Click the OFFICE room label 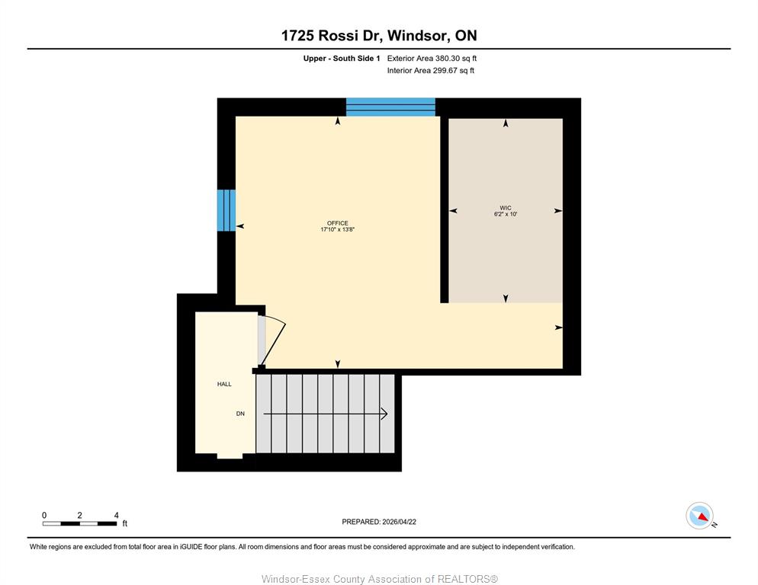[337, 223]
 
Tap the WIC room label [506, 208]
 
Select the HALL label [224, 384]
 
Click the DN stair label [240, 414]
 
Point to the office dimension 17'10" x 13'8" [337, 229]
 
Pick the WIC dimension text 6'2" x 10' [506, 214]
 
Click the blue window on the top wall [390, 107]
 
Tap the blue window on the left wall [226, 210]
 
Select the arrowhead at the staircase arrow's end [385, 414]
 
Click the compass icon [700, 516]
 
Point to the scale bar [80, 523]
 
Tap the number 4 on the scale [116, 516]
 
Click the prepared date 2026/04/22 [399, 522]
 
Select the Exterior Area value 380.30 [448, 59]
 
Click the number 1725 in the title [297, 36]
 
